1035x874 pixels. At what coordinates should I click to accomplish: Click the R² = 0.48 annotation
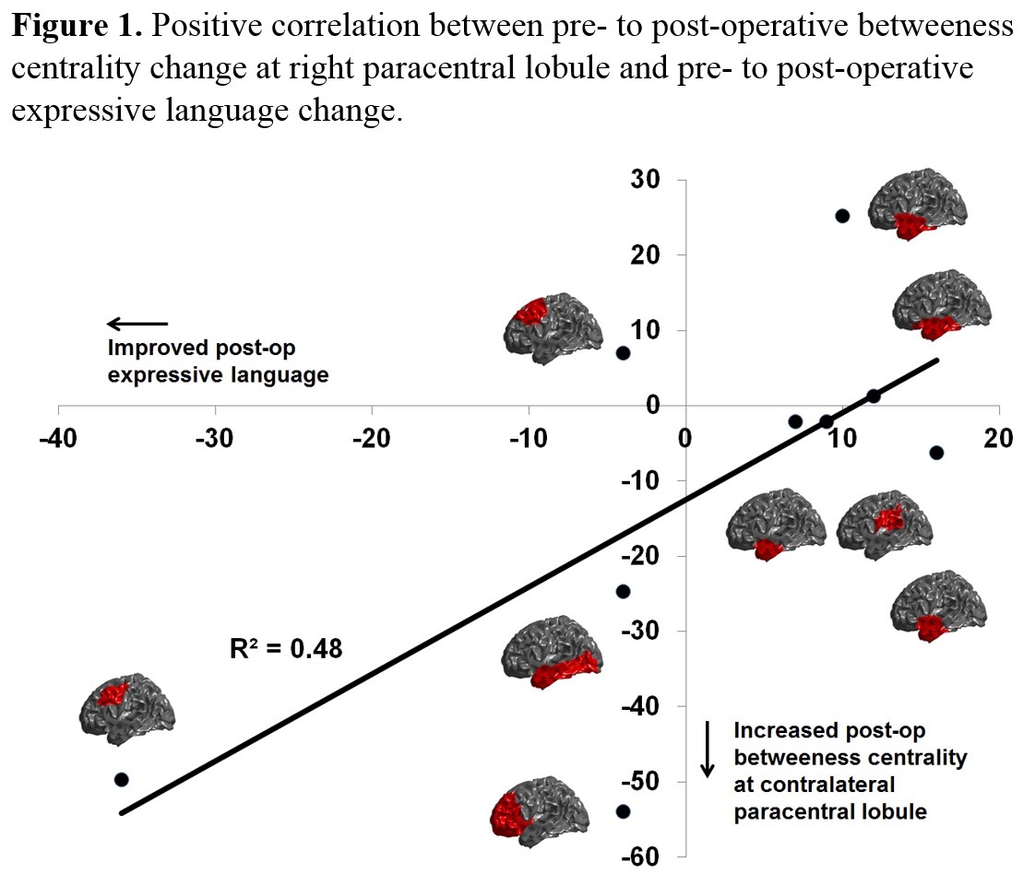285,649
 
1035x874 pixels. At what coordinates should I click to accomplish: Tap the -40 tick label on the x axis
57,438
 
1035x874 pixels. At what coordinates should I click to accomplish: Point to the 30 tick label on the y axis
646,180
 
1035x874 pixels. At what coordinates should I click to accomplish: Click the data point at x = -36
121,779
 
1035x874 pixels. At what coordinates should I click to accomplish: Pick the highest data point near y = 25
841,216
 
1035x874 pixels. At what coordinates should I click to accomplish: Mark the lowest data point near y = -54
623,811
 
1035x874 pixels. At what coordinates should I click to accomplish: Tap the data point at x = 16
936,452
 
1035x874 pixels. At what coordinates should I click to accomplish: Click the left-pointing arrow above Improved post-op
137,324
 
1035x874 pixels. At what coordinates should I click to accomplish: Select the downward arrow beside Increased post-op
708,748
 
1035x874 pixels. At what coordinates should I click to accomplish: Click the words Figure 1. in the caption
77,26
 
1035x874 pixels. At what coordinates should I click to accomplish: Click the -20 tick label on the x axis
371,438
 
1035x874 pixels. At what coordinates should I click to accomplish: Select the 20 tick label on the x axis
998,438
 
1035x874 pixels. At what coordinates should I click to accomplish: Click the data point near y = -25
623,591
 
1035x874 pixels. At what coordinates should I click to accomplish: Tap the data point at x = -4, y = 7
623,353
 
